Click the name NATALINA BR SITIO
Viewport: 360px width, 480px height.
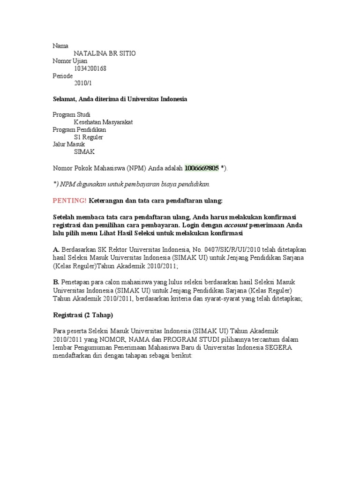pyautogui.click(x=105, y=53)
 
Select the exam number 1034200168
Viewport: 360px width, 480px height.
pyautogui.click(x=90, y=68)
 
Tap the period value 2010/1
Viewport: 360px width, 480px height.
pyautogui.click(x=84, y=83)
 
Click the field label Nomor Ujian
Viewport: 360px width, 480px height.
pyautogui.click(x=69, y=61)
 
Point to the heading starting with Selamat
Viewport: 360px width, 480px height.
pyautogui.click(x=120, y=99)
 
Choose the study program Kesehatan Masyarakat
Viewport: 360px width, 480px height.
pyautogui.click(x=103, y=122)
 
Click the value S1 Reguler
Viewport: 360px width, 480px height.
pyautogui.click(x=89, y=137)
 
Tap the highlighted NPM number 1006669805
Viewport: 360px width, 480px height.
pyautogui.click(x=202, y=168)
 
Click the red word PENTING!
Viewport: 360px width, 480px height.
pyautogui.click(x=69, y=201)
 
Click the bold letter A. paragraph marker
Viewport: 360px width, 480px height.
pyautogui.click(x=56, y=249)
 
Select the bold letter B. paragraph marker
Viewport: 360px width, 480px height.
pyautogui.click(x=56, y=281)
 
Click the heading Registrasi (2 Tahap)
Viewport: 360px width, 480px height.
pyautogui.click(x=82, y=315)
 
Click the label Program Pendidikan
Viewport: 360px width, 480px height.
pyautogui.click(x=79, y=129)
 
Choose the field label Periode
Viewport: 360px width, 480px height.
pyautogui.click(x=62, y=76)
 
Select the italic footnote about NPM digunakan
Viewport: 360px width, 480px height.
pyautogui.click(x=131, y=184)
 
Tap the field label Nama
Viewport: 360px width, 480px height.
pyautogui.click(x=60, y=46)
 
